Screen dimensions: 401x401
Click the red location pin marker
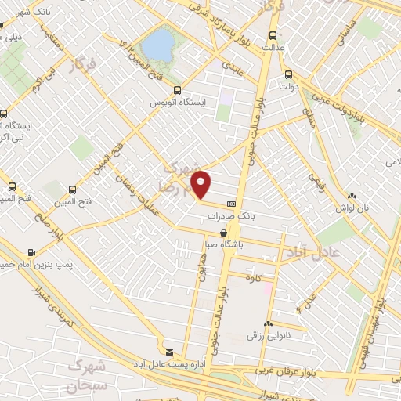point(202,183)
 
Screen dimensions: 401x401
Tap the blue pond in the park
point(158,44)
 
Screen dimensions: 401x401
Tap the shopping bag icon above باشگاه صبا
point(225,233)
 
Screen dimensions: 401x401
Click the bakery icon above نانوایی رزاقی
point(269,323)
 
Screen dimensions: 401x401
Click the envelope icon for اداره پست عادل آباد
point(170,352)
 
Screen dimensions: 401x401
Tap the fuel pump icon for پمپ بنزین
point(31,252)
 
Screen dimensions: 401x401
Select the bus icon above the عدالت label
point(273,35)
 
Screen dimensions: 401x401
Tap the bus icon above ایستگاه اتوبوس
point(177,90)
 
